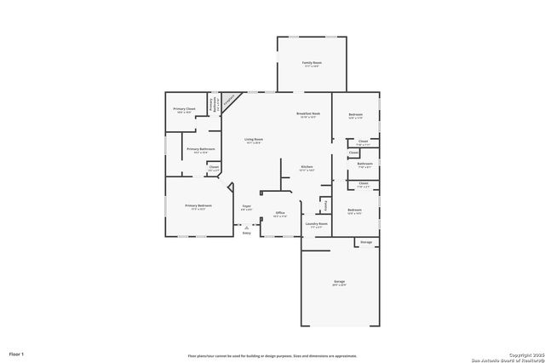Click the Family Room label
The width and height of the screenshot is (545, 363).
coord(311,64)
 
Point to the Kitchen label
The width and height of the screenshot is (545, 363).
coord(307,168)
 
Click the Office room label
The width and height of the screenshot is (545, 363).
coord(278,214)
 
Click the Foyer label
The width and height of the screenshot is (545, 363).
coord(246,207)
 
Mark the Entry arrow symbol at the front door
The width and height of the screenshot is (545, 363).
coord(246,228)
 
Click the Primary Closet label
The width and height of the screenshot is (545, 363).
coord(184,110)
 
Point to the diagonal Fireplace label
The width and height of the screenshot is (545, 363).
coord(228,98)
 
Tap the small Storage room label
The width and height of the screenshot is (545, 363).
coord(365,243)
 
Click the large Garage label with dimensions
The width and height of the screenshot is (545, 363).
coord(339,282)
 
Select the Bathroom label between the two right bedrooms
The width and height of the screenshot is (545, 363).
coord(364,165)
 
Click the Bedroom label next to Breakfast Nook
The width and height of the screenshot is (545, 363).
coord(355,116)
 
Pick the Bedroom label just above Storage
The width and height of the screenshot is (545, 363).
coord(355,211)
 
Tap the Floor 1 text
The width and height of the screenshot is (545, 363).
coord(17,353)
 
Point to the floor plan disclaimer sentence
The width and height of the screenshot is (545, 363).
coord(272,356)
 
